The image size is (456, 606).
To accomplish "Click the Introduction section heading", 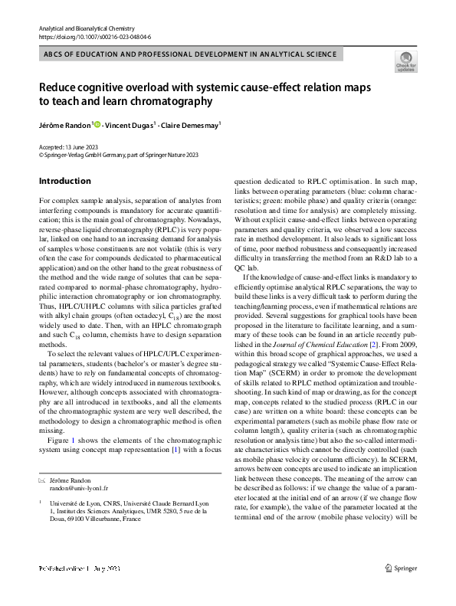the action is tap(64, 181).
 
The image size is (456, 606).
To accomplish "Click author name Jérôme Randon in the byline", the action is tap(64, 124).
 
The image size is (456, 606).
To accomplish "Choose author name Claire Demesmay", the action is tap(190, 124).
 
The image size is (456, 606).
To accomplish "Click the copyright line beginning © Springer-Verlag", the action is tap(118, 154).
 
